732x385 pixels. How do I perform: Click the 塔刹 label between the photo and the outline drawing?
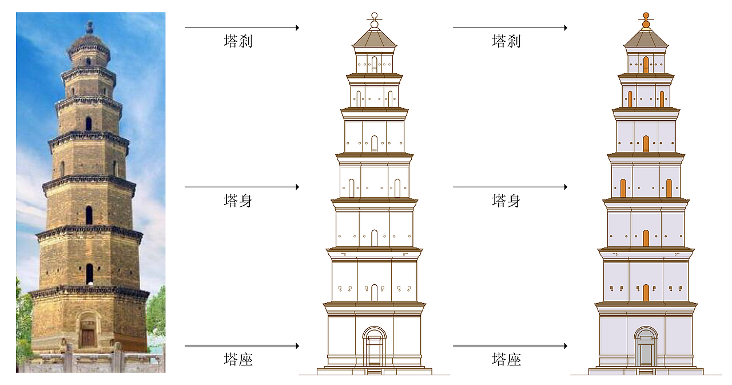(x=238, y=41)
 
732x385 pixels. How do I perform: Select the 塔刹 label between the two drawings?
(x=507, y=41)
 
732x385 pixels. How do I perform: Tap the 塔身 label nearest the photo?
(x=238, y=201)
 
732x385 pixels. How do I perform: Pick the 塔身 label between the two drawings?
(x=507, y=201)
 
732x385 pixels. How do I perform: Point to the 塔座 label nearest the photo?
(x=238, y=359)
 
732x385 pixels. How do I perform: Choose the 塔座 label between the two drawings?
(x=507, y=359)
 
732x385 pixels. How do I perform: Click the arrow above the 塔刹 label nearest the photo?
(x=242, y=28)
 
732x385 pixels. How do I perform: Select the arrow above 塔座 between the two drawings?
(x=510, y=345)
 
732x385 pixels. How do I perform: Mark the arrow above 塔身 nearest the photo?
(x=242, y=187)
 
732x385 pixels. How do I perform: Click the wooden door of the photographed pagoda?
(x=87, y=338)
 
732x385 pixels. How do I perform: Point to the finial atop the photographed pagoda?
(x=90, y=27)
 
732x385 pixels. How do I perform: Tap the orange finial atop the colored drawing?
(x=646, y=21)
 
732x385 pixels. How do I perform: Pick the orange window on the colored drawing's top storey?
(x=646, y=65)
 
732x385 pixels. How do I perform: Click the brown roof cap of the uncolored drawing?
(x=375, y=38)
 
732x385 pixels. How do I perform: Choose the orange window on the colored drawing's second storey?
(x=646, y=293)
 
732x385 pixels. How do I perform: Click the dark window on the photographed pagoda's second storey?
(x=89, y=274)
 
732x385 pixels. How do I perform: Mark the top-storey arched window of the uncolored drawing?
(x=375, y=65)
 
